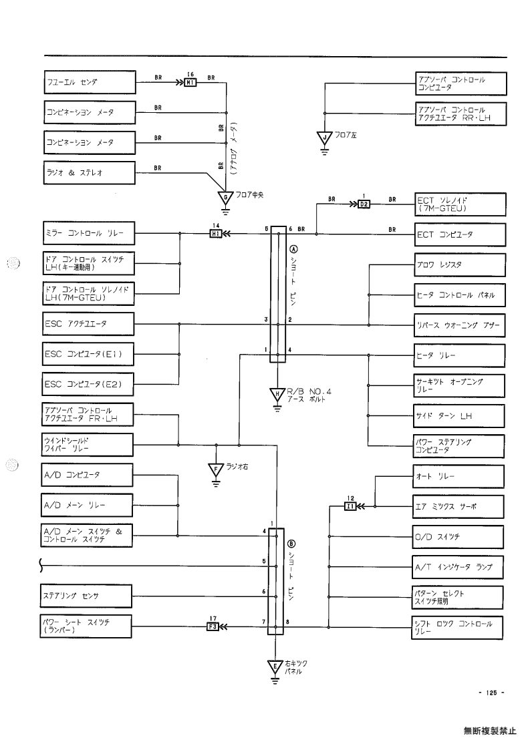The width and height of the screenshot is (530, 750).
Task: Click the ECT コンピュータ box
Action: pyautogui.click(x=460, y=235)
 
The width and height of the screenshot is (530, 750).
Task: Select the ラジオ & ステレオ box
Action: pyautogui.click(x=90, y=173)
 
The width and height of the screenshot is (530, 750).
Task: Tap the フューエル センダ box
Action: pyautogui.click(x=90, y=82)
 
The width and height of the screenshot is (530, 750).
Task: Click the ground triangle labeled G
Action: pyautogui.click(x=225, y=196)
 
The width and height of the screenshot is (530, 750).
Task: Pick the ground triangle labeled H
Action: pyautogui.click(x=277, y=394)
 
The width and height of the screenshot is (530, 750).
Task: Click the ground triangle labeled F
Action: pyautogui.click(x=216, y=470)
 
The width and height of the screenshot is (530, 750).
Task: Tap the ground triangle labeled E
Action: pyautogui.click(x=275, y=667)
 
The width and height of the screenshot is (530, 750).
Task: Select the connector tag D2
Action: pyautogui.click(x=364, y=204)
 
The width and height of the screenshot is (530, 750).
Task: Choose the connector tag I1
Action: pyautogui.click(x=350, y=506)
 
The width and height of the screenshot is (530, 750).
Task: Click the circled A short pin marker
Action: pyautogui.click(x=294, y=249)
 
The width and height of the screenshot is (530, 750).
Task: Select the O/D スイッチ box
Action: pyautogui.click(x=458, y=537)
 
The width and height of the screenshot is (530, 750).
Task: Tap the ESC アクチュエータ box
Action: pyautogui.click(x=88, y=324)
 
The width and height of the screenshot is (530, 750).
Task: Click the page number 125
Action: pyautogui.click(x=492, y=692)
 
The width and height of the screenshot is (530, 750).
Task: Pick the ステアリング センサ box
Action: pyautogui.click(x=86, y=596)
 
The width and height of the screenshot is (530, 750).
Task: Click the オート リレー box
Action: pyautogui.click(x=458, y=476)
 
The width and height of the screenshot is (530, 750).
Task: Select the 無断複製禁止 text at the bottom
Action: pyautogui.click(x=490, y=731)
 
